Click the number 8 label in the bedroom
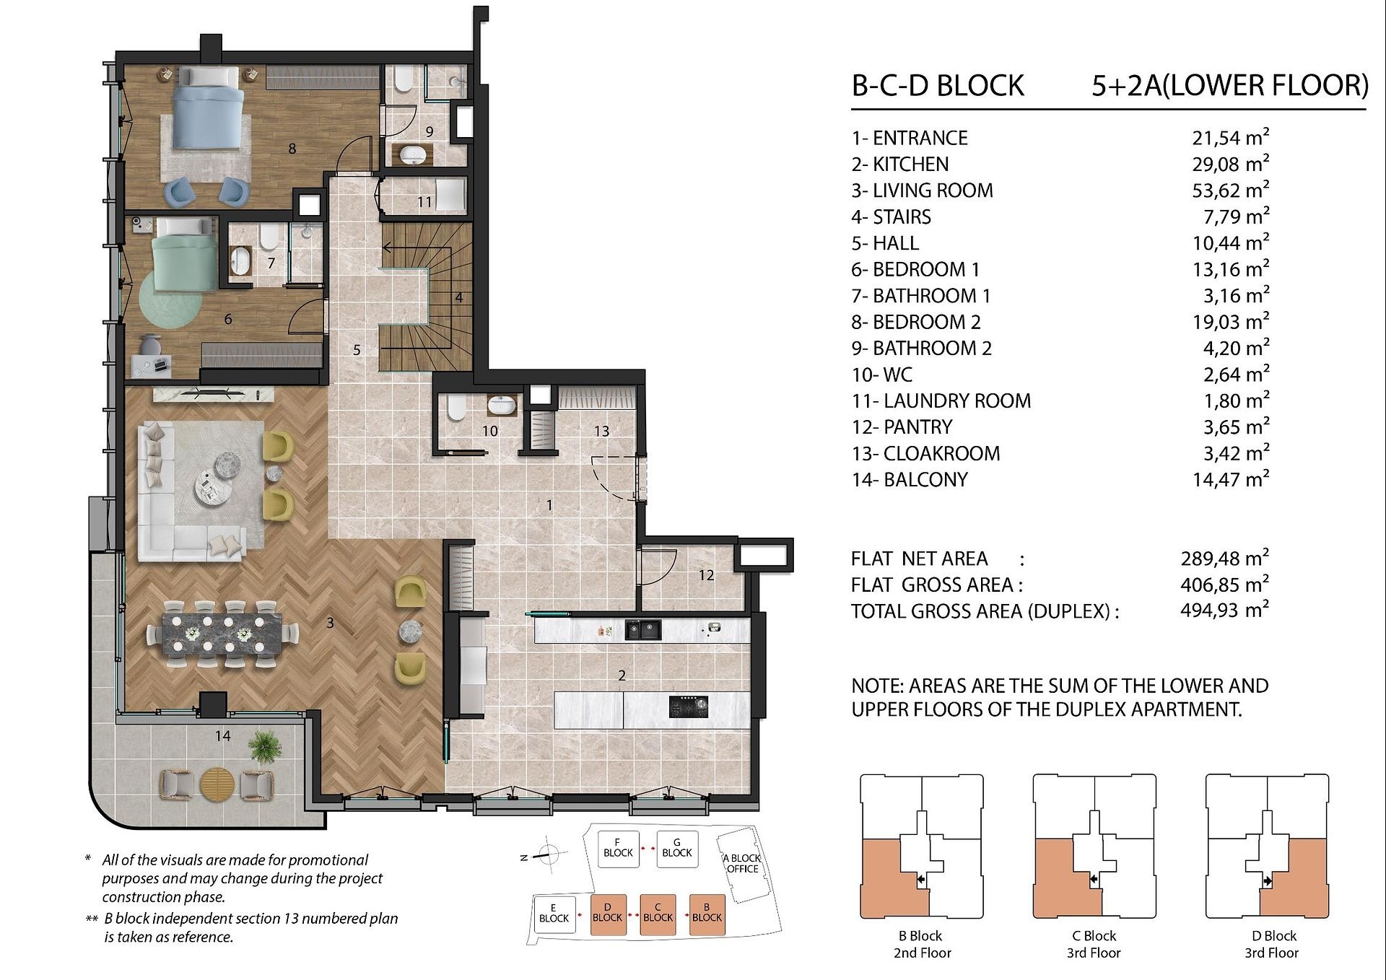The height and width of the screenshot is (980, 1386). pyautogui.click(x=292, y=149)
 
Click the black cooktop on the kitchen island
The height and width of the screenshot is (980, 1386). pyautogui.click(x=689, y=706)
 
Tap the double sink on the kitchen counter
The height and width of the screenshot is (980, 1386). pyautogui.click(x=642, y=630)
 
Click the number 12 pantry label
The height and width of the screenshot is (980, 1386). pyautogui.click(x=706, y=575)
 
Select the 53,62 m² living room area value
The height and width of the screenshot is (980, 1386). pyautogui.click(x=1230, y=190)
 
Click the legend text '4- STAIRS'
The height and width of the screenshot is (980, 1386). pyautogui.click(x=892, y=216)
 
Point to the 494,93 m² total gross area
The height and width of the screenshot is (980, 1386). pyautogui.click(x=1224, y=610)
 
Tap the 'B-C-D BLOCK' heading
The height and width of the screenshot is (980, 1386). pyautogui.click(x=938, y=85)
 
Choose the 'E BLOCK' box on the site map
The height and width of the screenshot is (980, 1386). pyautogui.click(x=554, y=914)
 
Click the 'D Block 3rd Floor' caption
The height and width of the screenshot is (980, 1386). pyautogui.click(x=1271, y=944)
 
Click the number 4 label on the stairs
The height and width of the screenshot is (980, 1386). pyautogui.click(x=458, y=297)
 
